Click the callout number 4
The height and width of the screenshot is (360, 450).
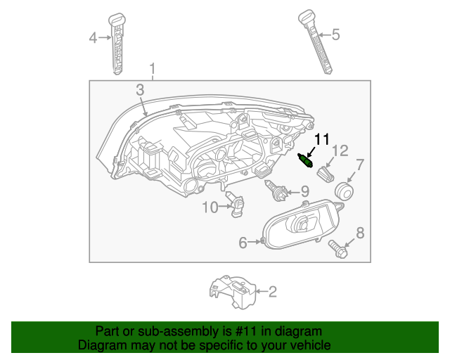[93, 38]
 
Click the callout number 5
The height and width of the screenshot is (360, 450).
[335, 34]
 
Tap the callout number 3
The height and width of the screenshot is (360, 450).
[140, 90]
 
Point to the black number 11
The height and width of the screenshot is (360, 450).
[321, 139]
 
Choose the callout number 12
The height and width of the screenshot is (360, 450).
[340, 150]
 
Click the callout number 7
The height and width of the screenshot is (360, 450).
[359, 166]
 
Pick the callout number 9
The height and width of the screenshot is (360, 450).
[304, 191]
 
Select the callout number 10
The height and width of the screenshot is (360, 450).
[210, 207]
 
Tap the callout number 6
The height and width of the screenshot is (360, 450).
[243, 243]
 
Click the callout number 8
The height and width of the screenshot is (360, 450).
[361, 233]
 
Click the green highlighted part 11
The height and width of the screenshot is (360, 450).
[307, 162]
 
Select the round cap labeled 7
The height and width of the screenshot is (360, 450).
[344, 191]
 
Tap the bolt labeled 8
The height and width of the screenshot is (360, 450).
[337, 247]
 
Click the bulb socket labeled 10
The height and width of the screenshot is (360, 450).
[239, 205]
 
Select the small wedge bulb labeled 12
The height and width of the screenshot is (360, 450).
[326, 173]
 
